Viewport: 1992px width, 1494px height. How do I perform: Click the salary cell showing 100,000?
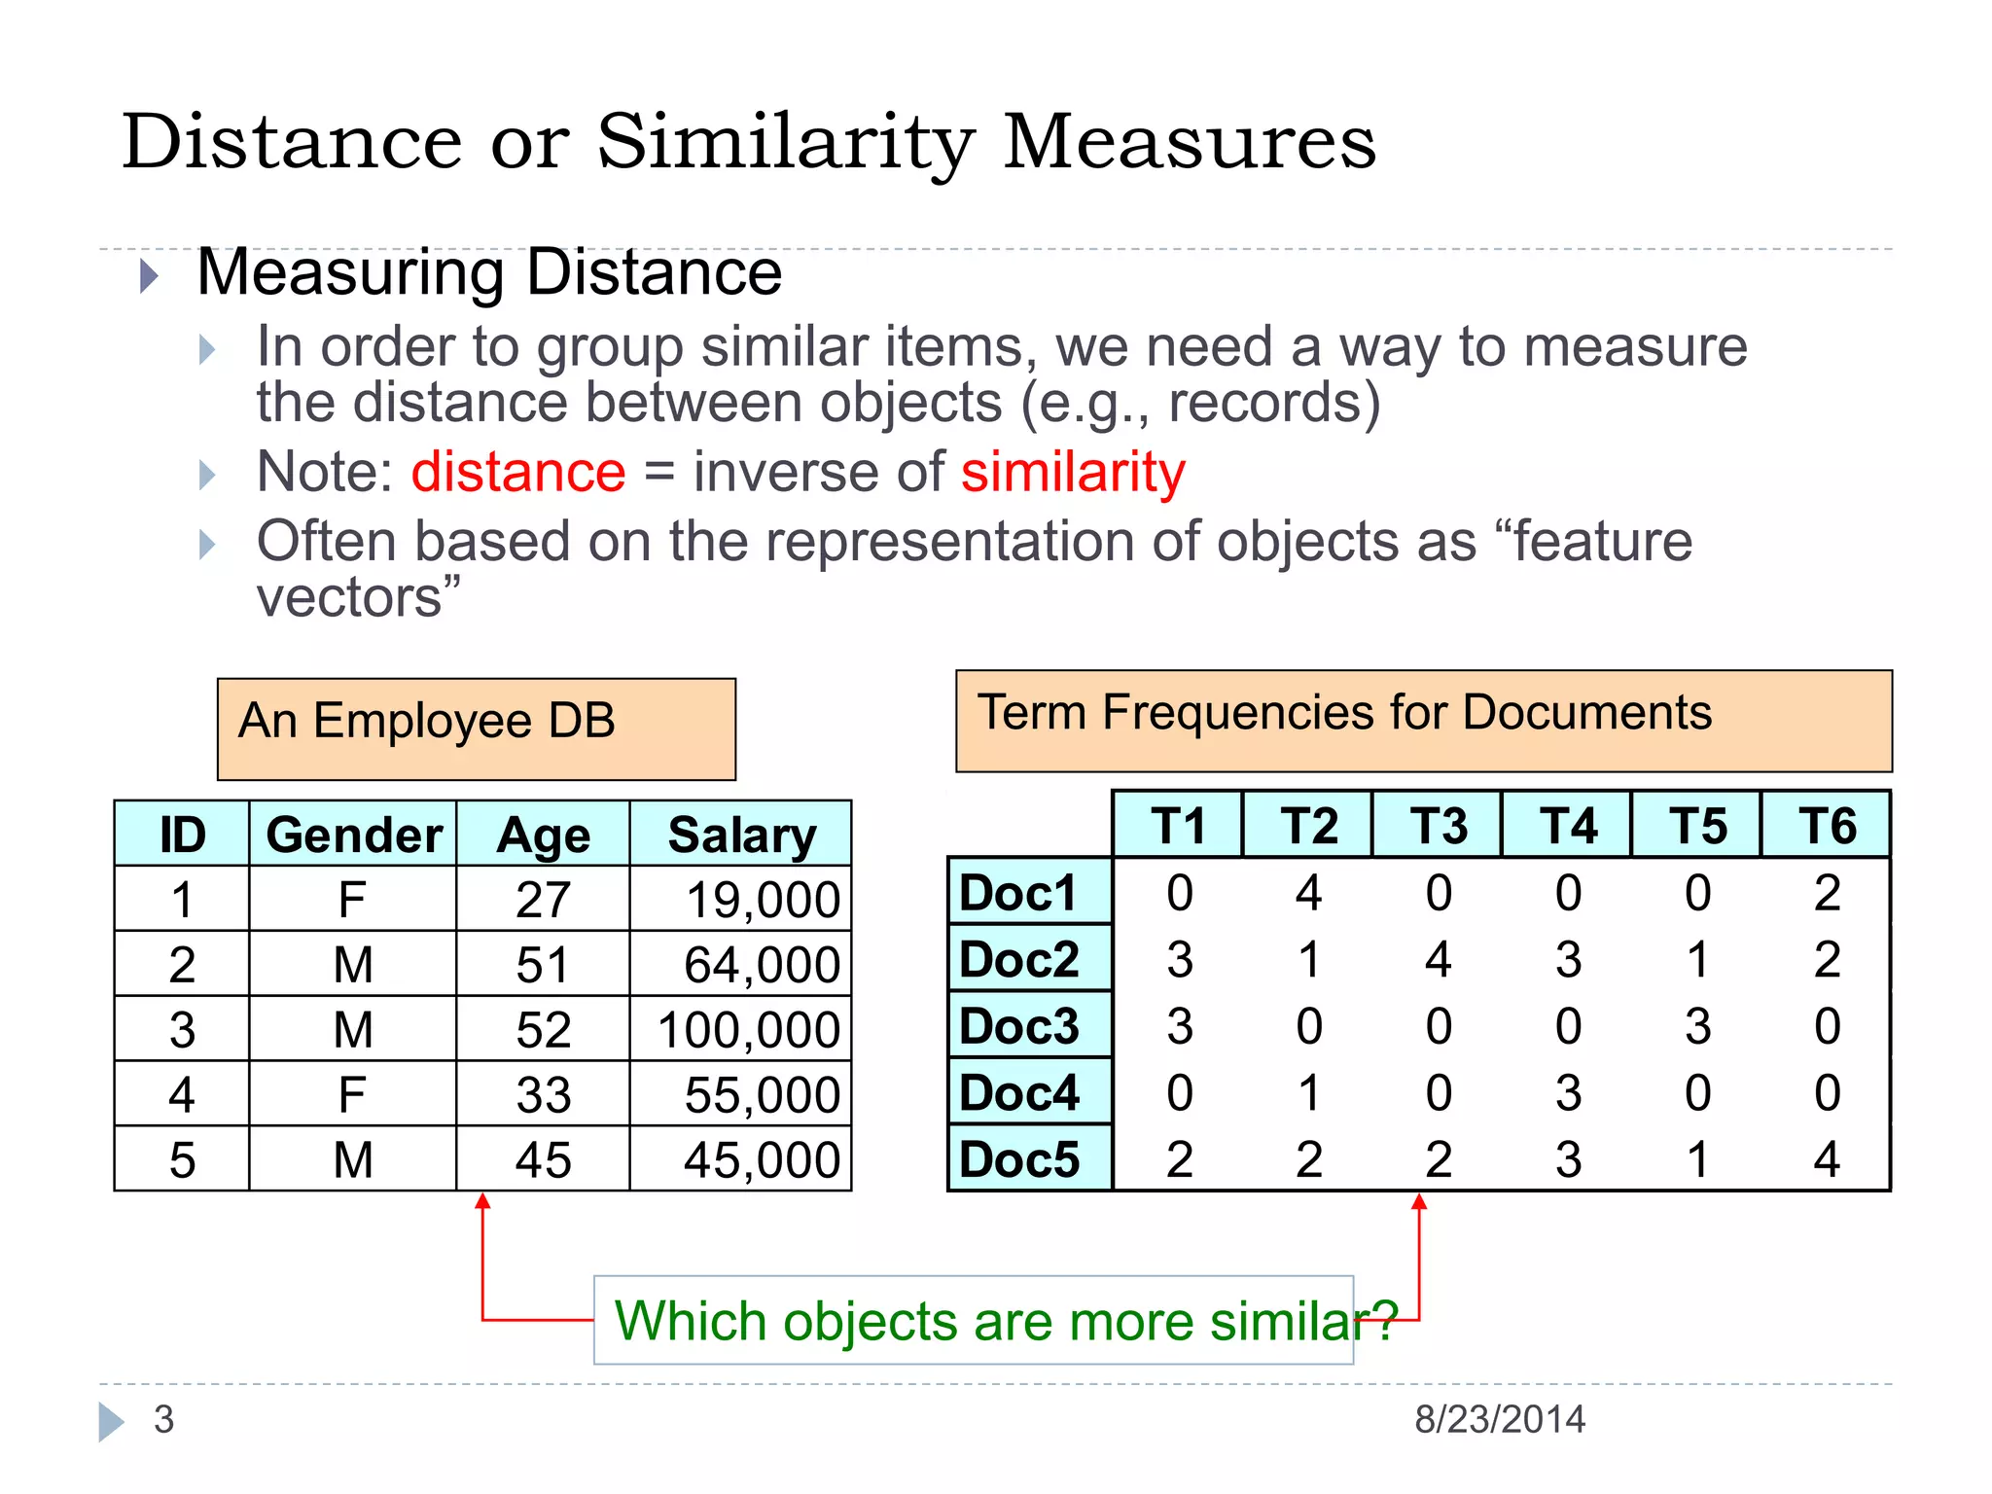tap(748, 1029)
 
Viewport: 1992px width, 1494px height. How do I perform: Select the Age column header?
tap(543, 836)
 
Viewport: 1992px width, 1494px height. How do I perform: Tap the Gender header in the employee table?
tap(353, 836)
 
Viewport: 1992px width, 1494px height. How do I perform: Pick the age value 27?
tap(543, 900)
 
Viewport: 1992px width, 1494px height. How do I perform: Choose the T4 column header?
tap(1567, 826)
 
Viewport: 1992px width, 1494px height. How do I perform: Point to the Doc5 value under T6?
tap(1827, 1159)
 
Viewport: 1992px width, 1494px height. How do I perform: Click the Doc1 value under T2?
tap(1308, 893)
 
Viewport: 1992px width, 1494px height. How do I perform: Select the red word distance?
tap(517, 473)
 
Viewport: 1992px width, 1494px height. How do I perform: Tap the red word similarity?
tap(1073, 473)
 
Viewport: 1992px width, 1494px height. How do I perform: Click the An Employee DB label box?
tap(477, 729)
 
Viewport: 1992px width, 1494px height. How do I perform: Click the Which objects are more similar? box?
tap(974, 1320)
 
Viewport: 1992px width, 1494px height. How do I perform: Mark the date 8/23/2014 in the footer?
tap(1500, 1419)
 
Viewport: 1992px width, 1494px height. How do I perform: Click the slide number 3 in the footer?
tap(163, 1419)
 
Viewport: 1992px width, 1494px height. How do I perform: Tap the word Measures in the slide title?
tap(1189, 142)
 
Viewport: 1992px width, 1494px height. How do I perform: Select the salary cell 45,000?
tap(762, 1159)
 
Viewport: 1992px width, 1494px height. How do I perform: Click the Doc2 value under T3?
tap(1438, 960)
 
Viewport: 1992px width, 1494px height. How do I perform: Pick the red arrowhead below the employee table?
tap(482, 1202)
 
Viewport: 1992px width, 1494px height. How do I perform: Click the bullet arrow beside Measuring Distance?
tap(149, 276)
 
